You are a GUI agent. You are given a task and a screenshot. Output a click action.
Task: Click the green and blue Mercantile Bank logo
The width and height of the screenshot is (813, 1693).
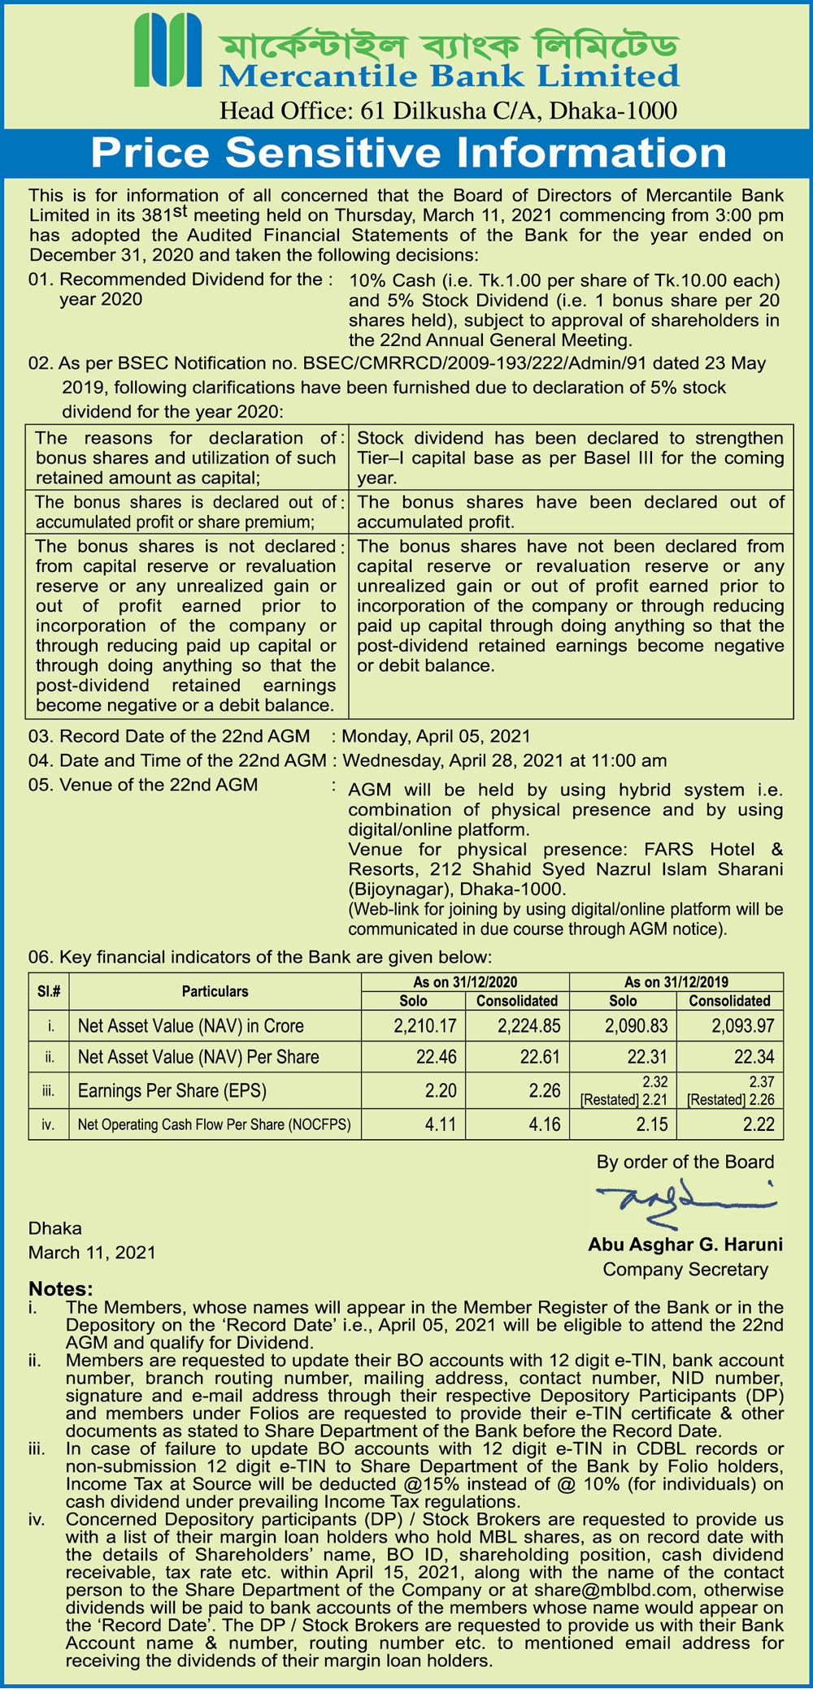(x=167, y=50)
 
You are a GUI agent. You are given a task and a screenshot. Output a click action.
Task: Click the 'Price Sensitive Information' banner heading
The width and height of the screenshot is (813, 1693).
(x=408, y=152)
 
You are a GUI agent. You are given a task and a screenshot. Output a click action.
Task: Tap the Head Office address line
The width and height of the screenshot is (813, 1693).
(x=448, y=110)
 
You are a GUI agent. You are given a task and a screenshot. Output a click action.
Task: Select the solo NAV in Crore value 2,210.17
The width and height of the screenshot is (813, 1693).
(x=425, y=1026)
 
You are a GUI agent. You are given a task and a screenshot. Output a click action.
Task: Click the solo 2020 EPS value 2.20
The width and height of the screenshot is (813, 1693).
(x=441, y=1090)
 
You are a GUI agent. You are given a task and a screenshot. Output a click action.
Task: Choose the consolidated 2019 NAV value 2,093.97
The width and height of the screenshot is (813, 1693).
(x=743, y=1026)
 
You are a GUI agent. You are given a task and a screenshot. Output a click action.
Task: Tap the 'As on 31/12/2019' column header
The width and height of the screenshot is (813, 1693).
(x=676, y=981)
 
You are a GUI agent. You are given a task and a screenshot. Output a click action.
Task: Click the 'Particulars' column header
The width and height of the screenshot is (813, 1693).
(x=215, y=991)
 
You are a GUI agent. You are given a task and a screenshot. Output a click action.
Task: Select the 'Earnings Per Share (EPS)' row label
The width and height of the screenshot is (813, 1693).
(x=172, y=1090)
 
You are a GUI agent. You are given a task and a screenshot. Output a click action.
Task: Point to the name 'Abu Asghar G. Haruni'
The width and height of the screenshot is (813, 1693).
(x=685, y=1245)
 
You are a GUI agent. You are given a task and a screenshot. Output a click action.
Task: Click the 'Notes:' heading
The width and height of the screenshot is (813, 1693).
(x=61, y=1288)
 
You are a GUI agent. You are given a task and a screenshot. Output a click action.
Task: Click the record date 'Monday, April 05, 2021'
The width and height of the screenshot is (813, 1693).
(x=436, y=736)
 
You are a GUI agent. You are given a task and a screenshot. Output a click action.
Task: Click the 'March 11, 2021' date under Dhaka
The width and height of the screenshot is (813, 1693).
(x=92, y=1252)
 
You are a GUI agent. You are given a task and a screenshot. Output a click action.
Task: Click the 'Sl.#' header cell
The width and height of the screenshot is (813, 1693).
(x=49, y=991)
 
